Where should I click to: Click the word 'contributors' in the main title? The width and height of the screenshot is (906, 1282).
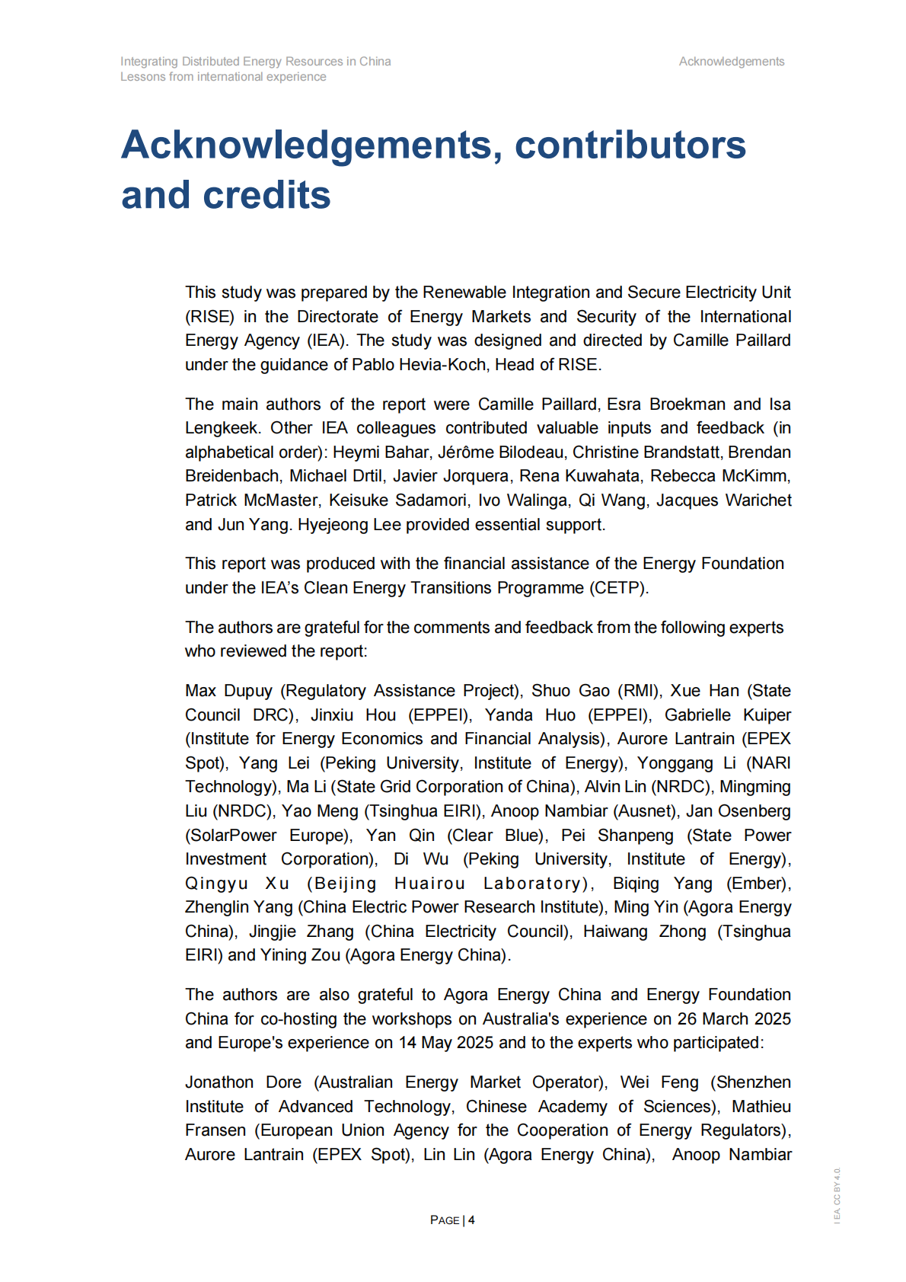coord(630,145)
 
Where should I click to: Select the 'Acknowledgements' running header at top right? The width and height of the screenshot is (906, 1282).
coord(731,62)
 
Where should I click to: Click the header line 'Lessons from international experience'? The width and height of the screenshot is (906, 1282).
coord(223,77)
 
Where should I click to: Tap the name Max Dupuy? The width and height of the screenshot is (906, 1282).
coord(228,691)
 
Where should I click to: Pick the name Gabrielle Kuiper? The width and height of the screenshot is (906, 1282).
coord(727,715)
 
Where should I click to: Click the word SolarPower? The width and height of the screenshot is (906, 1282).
coord(231,836)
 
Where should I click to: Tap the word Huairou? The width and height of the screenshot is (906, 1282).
coord(429,884)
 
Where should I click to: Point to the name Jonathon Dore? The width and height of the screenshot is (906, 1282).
coord(243,1082)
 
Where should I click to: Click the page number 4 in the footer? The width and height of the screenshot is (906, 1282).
coord(471,1220)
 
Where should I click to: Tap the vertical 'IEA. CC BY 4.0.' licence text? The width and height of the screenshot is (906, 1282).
coord(837,1195)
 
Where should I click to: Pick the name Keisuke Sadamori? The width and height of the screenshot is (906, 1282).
coord(397,500)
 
